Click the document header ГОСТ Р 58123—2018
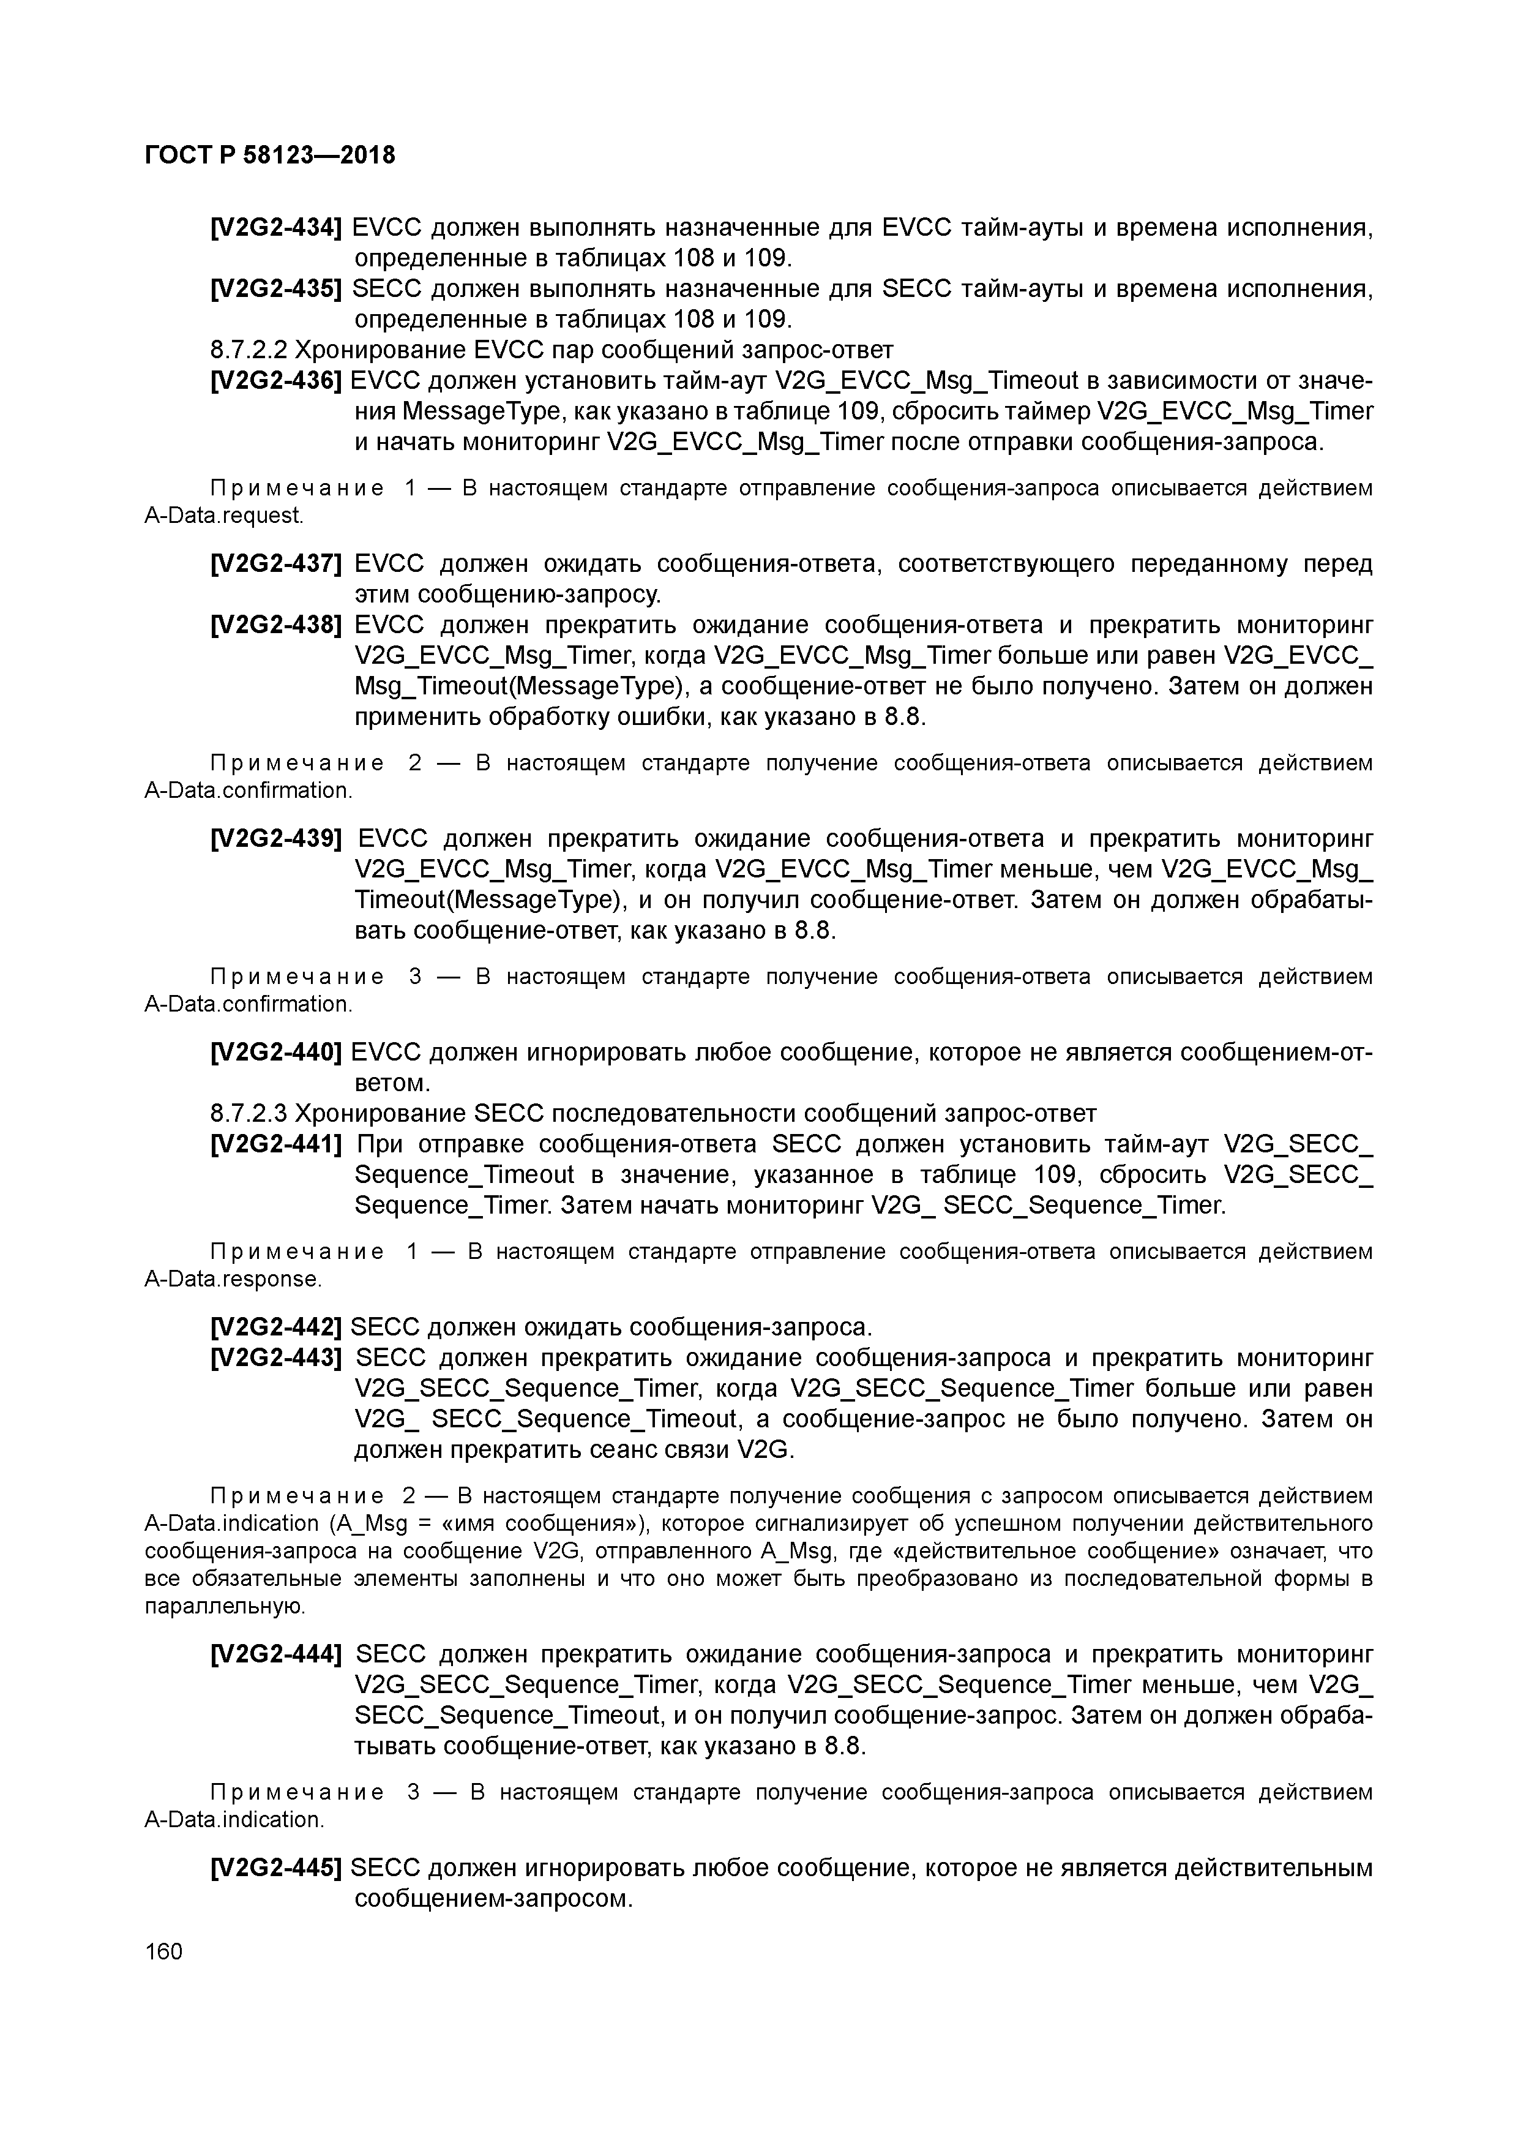[x=271, y=154]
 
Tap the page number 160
[x=163, y=1951]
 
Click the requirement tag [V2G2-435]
[x=276, y=289]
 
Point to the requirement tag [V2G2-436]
[x=276, y=381]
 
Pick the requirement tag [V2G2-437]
[x=276, y=564]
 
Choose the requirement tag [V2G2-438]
[x=276, y=625]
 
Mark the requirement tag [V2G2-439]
[x=276, y=839]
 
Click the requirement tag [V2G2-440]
[x=276, y=1053]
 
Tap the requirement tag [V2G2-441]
[x=276, y=1144]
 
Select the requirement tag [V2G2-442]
[x=276, y=1327]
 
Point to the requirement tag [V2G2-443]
[x=276, y=1358]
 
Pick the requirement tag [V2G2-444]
[x=276, y=1655]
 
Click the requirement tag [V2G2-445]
[x=276, y=1869]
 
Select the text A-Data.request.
[x=223, y=516]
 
